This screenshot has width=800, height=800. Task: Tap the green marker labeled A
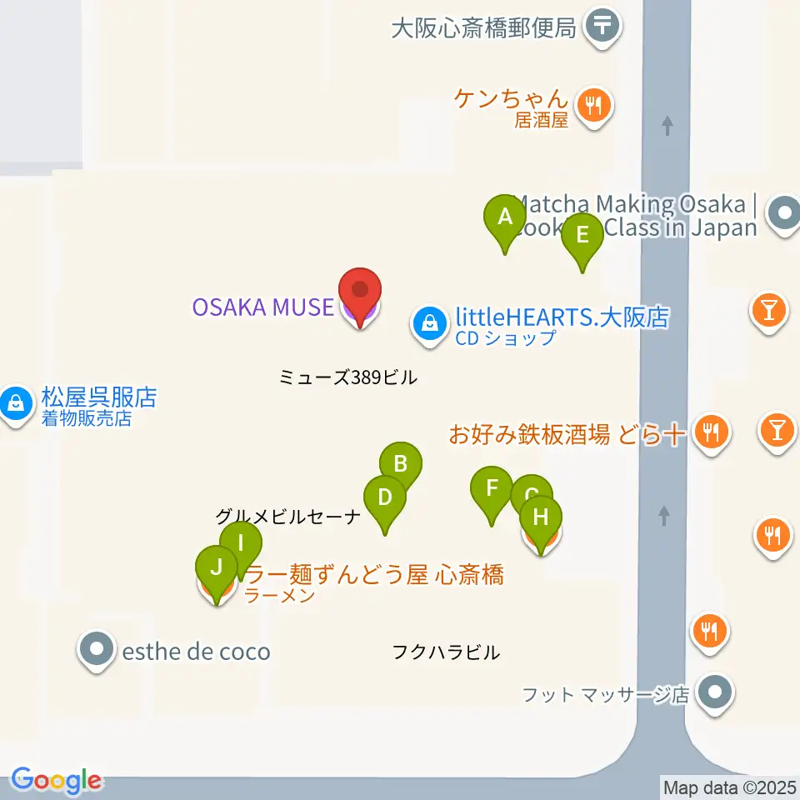[504, 219]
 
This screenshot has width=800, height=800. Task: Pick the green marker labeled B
[400, 464]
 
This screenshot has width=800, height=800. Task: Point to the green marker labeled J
[216, 569]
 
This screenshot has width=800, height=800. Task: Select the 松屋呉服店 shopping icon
[14, 405]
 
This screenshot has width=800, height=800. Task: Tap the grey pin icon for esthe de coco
[97, 649]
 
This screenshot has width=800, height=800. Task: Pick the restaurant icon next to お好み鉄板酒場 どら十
[710, 432]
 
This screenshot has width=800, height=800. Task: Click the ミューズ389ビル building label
[347, 377]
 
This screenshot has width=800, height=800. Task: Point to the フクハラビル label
[446, 652]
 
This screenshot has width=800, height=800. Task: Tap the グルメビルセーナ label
[287, 517]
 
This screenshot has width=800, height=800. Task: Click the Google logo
[56, 780]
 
